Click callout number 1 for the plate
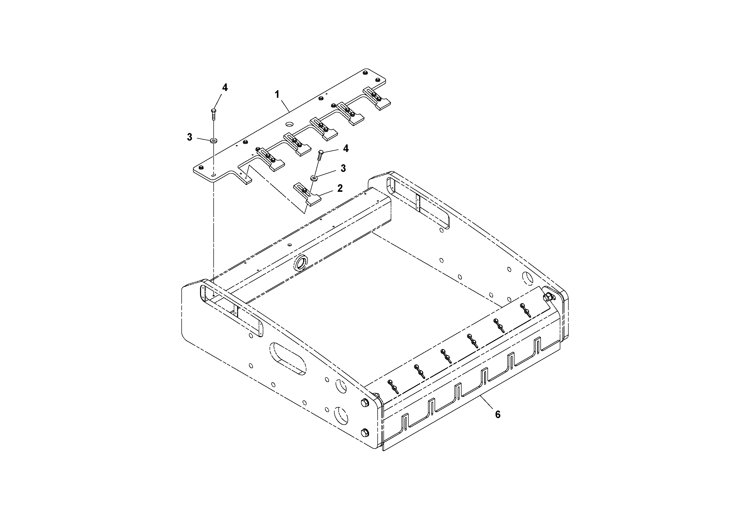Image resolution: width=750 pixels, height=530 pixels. (277, 95)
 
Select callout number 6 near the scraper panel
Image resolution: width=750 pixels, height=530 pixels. (498, 415)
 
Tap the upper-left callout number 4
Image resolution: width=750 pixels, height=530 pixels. (225, 87)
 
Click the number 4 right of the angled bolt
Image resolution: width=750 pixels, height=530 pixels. (346, 149)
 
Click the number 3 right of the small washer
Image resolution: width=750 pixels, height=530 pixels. (343, 168)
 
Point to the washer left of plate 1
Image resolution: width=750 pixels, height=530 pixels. (214, 141)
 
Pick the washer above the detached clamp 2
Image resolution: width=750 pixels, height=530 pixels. (314, 178)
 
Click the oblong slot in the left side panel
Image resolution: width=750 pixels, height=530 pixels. (288, 358)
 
